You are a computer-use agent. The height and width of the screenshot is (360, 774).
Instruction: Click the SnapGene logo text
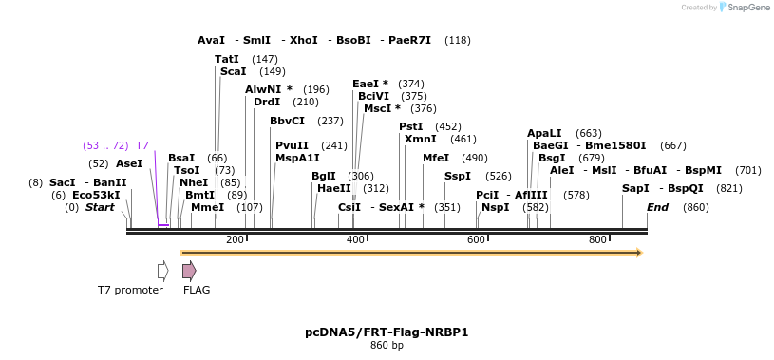[x=747, y=8]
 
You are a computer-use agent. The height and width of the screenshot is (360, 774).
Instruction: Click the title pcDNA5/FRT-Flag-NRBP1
[x=387, y=332]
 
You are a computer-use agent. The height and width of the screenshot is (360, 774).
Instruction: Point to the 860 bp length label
[x=387, y=346]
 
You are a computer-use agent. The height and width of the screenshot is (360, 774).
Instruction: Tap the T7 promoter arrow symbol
[x=162, y=271]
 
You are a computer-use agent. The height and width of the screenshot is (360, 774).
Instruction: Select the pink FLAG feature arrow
[x=189, y=271]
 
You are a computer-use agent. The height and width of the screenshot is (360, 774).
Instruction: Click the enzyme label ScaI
[x=233, y=71]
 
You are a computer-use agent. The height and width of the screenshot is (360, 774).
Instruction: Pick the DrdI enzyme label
[x=267, y=102]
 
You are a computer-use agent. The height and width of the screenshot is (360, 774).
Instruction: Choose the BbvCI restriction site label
[x=287, y=121]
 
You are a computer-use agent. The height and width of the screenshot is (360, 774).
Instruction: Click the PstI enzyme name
[x=410, y=126]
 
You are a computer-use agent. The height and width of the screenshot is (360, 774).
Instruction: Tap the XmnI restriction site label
[x=420, y=139]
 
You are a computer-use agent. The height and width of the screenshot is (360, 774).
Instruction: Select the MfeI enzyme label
[x=435, y=158]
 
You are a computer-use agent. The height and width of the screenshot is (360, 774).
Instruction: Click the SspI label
[x=457, y=176]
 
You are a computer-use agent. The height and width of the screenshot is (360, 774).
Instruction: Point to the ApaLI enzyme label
[x=544, y=133]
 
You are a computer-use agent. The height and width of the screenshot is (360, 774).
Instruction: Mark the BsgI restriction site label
[x=552, y=158]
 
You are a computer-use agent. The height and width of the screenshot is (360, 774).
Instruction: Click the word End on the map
[x=657, y=207]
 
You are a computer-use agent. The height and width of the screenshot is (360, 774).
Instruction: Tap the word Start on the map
[x=100, y=207]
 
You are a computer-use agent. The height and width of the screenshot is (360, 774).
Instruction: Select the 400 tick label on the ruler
[x=355, y=239]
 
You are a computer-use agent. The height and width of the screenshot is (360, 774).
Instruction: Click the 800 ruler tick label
[x=597, y=239]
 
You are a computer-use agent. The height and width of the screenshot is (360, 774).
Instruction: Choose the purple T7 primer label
[x=142, y=145]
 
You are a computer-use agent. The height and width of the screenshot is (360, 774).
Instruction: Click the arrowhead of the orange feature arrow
[x=639, y=253]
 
